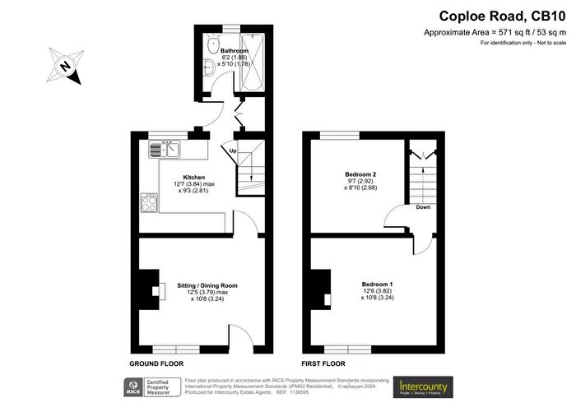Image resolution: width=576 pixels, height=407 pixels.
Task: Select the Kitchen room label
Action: click(x=194, y=177)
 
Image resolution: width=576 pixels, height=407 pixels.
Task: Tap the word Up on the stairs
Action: click(x=233, y=150)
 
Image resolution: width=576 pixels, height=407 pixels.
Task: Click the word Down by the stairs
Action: click(x=423, y=207)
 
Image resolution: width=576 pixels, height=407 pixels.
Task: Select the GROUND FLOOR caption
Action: click(x=156, y=363)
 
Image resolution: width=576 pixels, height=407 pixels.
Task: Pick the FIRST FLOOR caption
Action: click(x=323, y=363)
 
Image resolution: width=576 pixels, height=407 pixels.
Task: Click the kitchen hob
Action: click(x=150, y=202)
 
